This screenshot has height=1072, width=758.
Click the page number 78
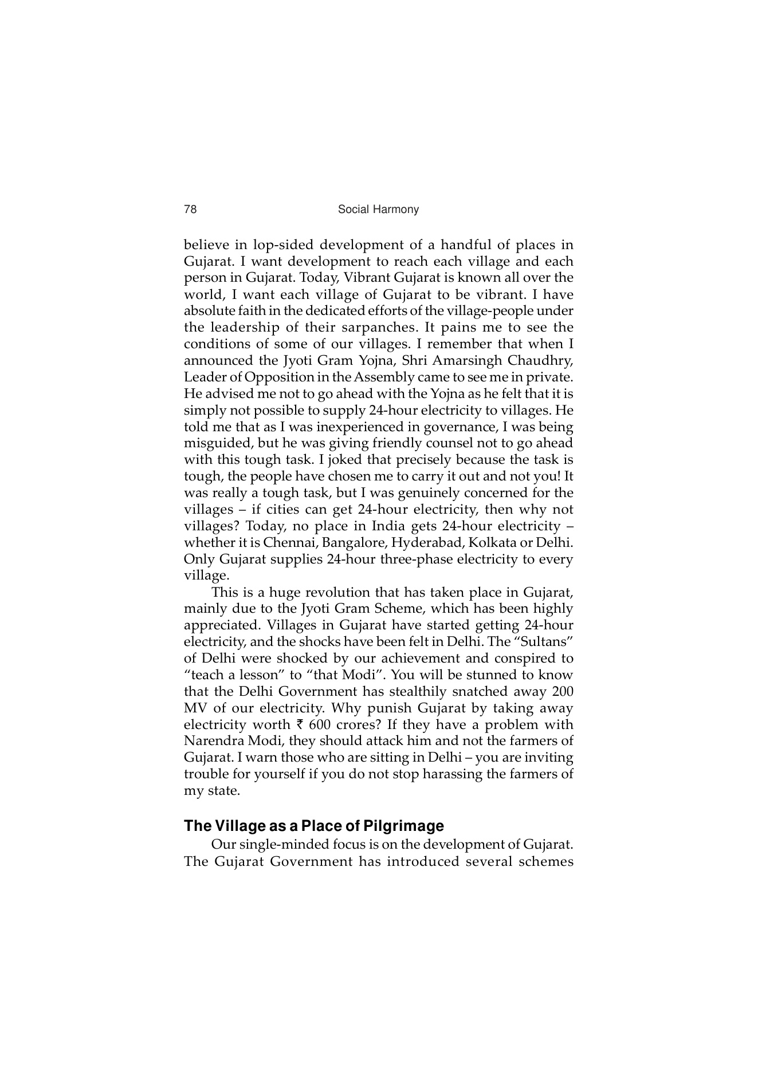pyautogui.click(x=190, y=210)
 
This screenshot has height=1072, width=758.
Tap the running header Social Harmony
pyautogui.click(x=378, y=210)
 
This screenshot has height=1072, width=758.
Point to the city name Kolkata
pyautogui.click(x=491, y=543)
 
